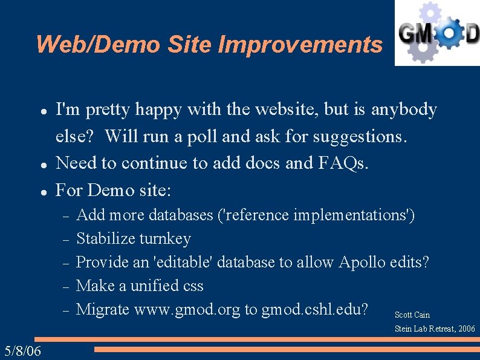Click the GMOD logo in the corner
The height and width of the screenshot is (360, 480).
(x=437, y=33)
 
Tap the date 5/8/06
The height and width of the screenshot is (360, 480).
(x=22, y=351)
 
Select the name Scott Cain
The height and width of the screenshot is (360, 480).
(x=412, y=315)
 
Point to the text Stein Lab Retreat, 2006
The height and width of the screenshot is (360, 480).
(x=435, y=329)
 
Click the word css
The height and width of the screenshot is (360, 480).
(x=191, y=286)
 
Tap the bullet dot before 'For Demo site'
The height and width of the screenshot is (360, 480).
(x=44, y=191)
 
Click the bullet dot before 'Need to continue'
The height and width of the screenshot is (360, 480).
(x=44, y=164)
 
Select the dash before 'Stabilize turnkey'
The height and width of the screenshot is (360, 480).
(x=66, y=240)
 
